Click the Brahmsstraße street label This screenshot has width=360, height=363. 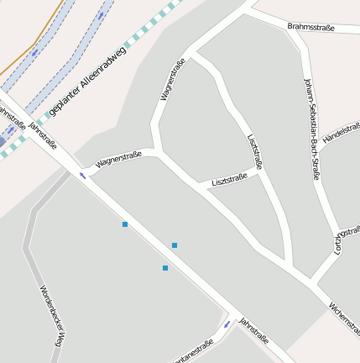point(310,28)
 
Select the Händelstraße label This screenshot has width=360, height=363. point(342,132)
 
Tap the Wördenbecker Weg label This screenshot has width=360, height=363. point(51,316)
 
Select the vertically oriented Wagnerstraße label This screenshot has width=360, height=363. point(170,80)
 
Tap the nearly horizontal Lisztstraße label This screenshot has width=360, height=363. point(229,179)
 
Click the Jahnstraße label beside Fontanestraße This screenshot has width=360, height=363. point(253,330)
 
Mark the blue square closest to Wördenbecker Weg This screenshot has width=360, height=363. point(125,224)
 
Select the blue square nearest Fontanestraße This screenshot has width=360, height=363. point(165,268)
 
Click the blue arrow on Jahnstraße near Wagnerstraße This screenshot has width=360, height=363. point(82,176)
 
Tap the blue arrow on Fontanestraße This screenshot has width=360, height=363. point(227,324)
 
